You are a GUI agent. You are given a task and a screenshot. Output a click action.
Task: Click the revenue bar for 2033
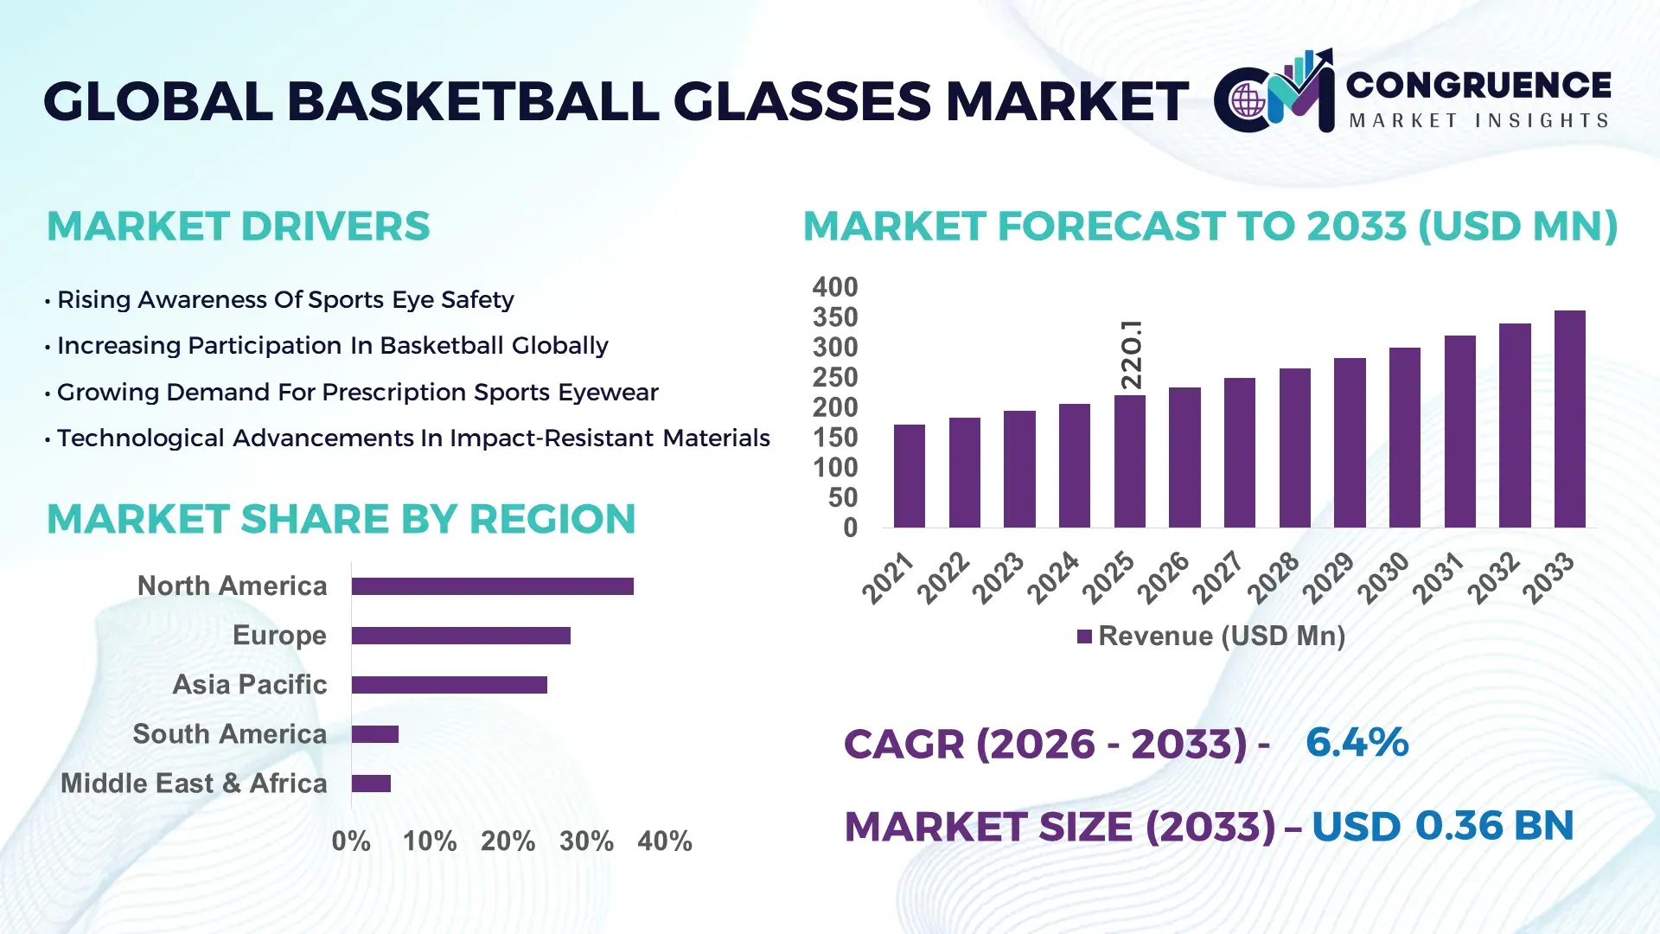1569,419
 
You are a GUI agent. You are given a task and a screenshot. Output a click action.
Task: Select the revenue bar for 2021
909,476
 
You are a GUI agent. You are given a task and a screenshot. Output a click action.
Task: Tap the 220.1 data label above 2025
1131,355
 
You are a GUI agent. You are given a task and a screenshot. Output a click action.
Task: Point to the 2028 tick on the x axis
1274,577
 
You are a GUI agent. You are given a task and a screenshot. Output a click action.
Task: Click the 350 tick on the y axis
834,317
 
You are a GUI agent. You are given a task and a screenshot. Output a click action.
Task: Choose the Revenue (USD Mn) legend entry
1210,637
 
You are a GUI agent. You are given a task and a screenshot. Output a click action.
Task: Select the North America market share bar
492,586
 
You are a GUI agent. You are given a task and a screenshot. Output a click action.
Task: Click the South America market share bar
374,734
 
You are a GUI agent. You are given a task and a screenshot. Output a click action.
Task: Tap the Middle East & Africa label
194,784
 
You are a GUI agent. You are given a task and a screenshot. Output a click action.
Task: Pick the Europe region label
279,636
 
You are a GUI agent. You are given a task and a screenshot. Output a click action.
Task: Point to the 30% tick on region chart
586,841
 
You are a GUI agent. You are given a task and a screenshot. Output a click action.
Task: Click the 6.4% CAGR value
1357,743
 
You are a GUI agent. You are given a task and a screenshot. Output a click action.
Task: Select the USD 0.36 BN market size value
1442,826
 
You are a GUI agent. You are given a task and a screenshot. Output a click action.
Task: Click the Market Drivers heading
238,227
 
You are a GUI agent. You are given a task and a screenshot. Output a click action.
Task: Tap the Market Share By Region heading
341,520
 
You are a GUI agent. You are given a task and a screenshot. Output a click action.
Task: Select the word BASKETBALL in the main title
474,101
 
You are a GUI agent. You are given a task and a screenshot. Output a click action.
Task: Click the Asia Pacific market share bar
449,685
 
